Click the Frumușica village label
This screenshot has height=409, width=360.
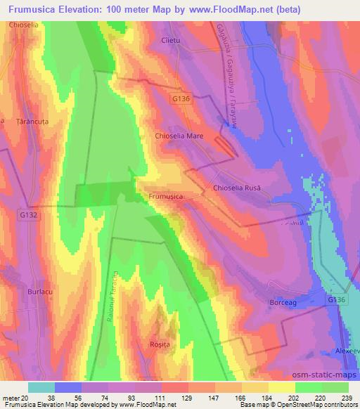[x=167, y=197]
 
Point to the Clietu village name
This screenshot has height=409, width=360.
[x=172, y=41]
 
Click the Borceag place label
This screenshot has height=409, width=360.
[x=285, y=302]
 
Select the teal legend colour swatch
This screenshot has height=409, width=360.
[x=41, y=387]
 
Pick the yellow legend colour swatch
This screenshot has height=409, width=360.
[x=282, y=387]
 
